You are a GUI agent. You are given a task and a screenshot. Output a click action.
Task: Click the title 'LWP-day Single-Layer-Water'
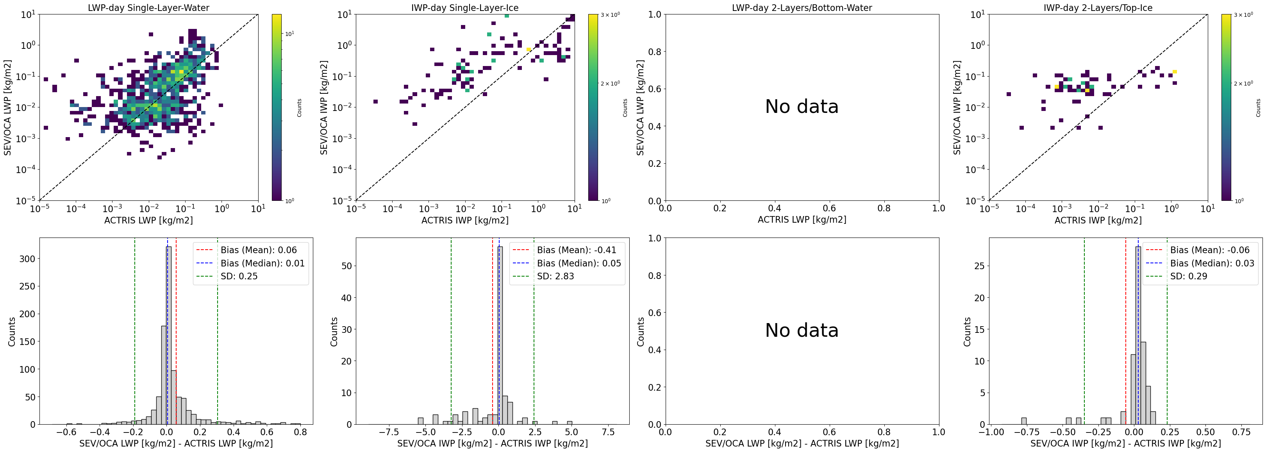tap(148, 8)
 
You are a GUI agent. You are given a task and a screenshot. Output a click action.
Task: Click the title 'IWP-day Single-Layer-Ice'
tap(464, 8)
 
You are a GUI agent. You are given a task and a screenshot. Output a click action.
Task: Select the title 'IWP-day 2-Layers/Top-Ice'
tap(1098, 8)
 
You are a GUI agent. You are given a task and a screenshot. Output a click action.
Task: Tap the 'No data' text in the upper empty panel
tap(802, 107)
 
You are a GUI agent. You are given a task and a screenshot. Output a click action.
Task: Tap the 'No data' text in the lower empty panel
tap(802, 330)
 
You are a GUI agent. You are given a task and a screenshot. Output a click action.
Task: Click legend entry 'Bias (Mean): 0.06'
tap(259, 250)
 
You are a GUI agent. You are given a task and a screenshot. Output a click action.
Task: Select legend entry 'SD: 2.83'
tap(555, 276)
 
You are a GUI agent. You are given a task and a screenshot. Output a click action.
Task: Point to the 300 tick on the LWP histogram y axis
tap(27, 259)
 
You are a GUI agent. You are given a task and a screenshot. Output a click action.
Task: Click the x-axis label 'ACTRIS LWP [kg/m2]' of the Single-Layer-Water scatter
tap(148, 220)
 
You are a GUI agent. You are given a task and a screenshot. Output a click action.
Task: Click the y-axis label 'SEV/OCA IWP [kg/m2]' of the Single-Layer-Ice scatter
tap(324, 107)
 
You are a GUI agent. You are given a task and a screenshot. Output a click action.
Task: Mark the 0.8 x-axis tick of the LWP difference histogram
tap(300, 432)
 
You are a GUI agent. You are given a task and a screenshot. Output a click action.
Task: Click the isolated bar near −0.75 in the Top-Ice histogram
tap(1024, 421)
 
